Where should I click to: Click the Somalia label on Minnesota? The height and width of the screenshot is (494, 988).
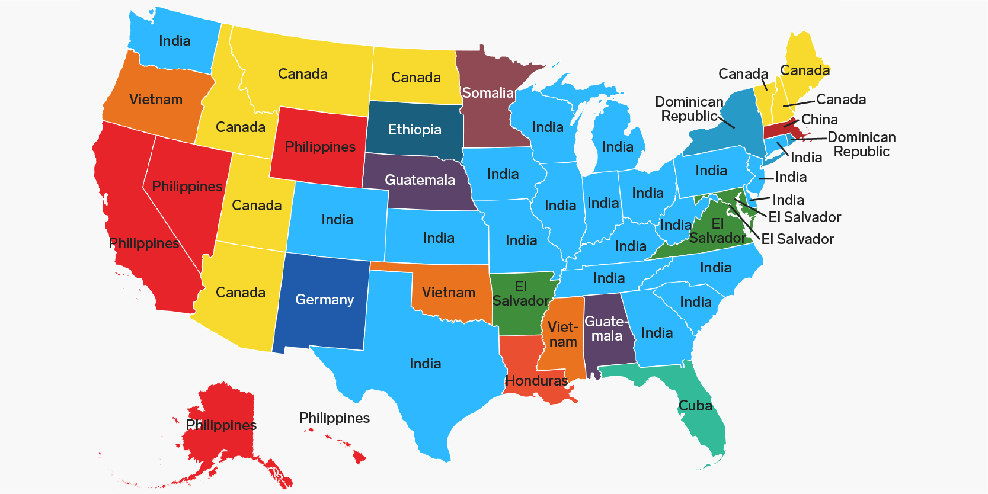click(488, 93)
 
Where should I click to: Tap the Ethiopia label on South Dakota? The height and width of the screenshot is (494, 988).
click(414, 130)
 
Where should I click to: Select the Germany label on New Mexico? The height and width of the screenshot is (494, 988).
click(324, 300)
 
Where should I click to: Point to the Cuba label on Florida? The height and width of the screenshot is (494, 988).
click(695, 406)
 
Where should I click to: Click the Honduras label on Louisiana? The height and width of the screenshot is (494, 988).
click(536, 381)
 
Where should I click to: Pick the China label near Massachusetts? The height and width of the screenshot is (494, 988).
click(819, 120)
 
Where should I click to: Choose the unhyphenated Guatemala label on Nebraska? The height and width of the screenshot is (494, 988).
click(420, 180)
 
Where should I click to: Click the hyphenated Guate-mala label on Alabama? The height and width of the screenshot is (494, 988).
click(606, 329)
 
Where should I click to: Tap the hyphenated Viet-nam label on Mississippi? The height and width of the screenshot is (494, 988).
click(562, 335)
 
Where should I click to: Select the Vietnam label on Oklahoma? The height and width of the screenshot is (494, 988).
click(448, 293)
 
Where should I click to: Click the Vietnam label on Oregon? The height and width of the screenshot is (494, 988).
click(156, 100)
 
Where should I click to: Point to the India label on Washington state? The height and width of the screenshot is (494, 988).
click(174, 41)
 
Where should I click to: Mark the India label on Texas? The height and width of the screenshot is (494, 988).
click(425, 364)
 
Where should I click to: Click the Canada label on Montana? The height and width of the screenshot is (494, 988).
click(302, 74)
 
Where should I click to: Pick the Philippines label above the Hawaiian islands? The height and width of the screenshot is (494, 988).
click(334, 418)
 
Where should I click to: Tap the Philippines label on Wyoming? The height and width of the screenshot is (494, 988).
click(320, 147)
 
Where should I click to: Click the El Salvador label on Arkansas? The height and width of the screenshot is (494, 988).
click(521, 294)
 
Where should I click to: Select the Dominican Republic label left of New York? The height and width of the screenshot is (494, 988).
click(689, 109)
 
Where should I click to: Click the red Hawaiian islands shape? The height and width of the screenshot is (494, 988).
click(359, 456)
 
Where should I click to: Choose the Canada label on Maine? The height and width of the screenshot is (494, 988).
click(805, 70)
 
